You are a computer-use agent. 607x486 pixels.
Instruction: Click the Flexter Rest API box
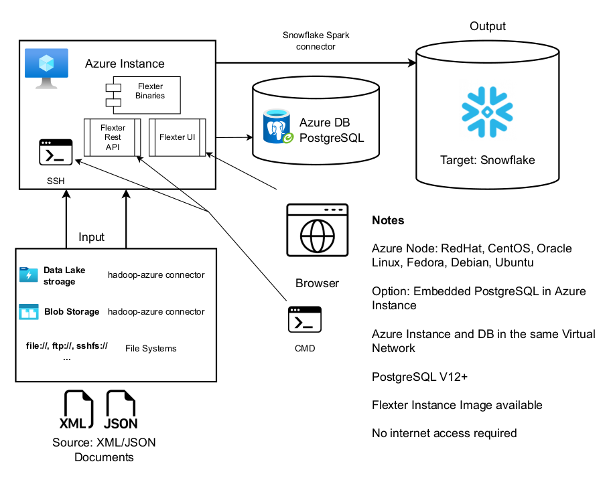pos(112,137)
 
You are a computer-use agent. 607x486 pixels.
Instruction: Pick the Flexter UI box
pos(177,137)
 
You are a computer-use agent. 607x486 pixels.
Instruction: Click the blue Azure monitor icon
pos(46,68)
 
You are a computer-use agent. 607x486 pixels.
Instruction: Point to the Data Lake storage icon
pos(29,274)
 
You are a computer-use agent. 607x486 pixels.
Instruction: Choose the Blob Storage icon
pos(29,311)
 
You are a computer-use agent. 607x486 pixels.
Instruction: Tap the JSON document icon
pos(121,410)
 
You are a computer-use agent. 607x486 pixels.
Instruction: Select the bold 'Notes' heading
pos(388,220)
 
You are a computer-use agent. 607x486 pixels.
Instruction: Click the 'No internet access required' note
pos(444,433)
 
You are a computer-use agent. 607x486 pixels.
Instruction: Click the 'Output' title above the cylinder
pos(488,26)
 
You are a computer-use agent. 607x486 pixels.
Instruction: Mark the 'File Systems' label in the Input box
pos(151,348)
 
